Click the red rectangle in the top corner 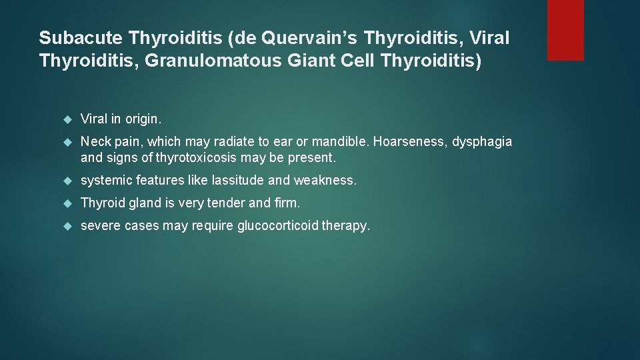(565, 30)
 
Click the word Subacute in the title (83, 38)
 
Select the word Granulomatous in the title (195, 61)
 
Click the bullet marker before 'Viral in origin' (66, 119)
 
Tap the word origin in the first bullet (143, 119)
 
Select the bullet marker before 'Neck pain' (66, 142)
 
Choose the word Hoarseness (406, 142)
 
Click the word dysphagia (483, 142)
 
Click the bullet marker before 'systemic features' (66, 181)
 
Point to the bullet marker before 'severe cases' (66, 226)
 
